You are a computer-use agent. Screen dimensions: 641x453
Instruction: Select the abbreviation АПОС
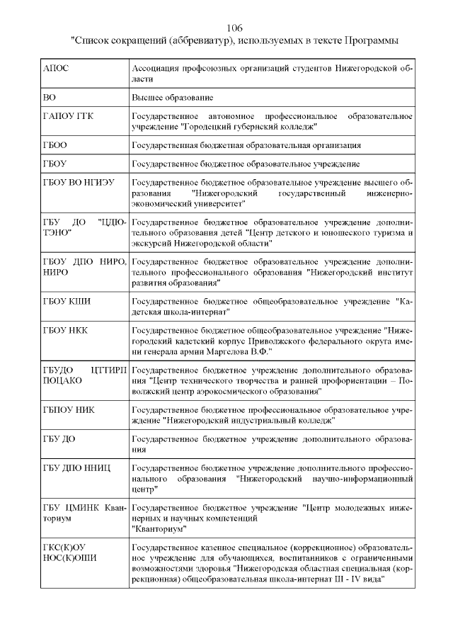click(x=57, y=69)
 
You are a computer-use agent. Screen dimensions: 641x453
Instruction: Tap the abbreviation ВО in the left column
click(x=50, y=97)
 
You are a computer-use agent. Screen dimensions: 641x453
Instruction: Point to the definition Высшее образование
click(x=173, y=97)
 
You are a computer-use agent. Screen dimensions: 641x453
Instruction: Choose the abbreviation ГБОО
click(x=55, y=145)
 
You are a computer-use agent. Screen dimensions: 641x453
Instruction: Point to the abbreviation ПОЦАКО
click(x=62, y=380)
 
